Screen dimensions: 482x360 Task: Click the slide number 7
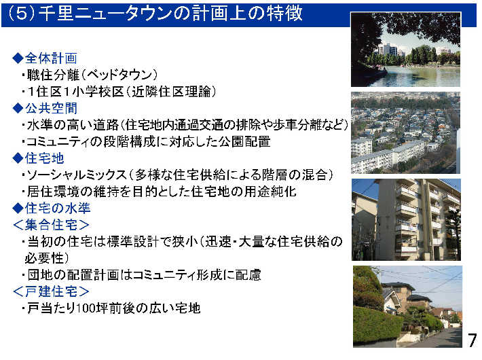click(472, 340)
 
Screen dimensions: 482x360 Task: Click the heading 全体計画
click(51, 58)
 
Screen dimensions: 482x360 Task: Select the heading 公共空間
click(51, 108)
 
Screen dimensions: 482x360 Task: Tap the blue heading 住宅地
click(45, 158)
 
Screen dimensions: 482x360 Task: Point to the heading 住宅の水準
click(58, 208)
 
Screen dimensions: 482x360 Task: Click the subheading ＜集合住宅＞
click(51, 225)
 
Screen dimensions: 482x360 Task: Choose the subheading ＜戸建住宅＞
click(51, 291)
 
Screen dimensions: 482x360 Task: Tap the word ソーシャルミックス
click(77, 175)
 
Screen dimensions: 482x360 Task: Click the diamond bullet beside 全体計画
click(18, 58)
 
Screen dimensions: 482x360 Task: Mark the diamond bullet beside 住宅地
click(18, 158)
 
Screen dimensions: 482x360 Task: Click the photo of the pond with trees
click(405, 49)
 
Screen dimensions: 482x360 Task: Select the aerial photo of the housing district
click(405, 132)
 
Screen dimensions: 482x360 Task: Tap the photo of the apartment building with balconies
click(406, 219)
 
